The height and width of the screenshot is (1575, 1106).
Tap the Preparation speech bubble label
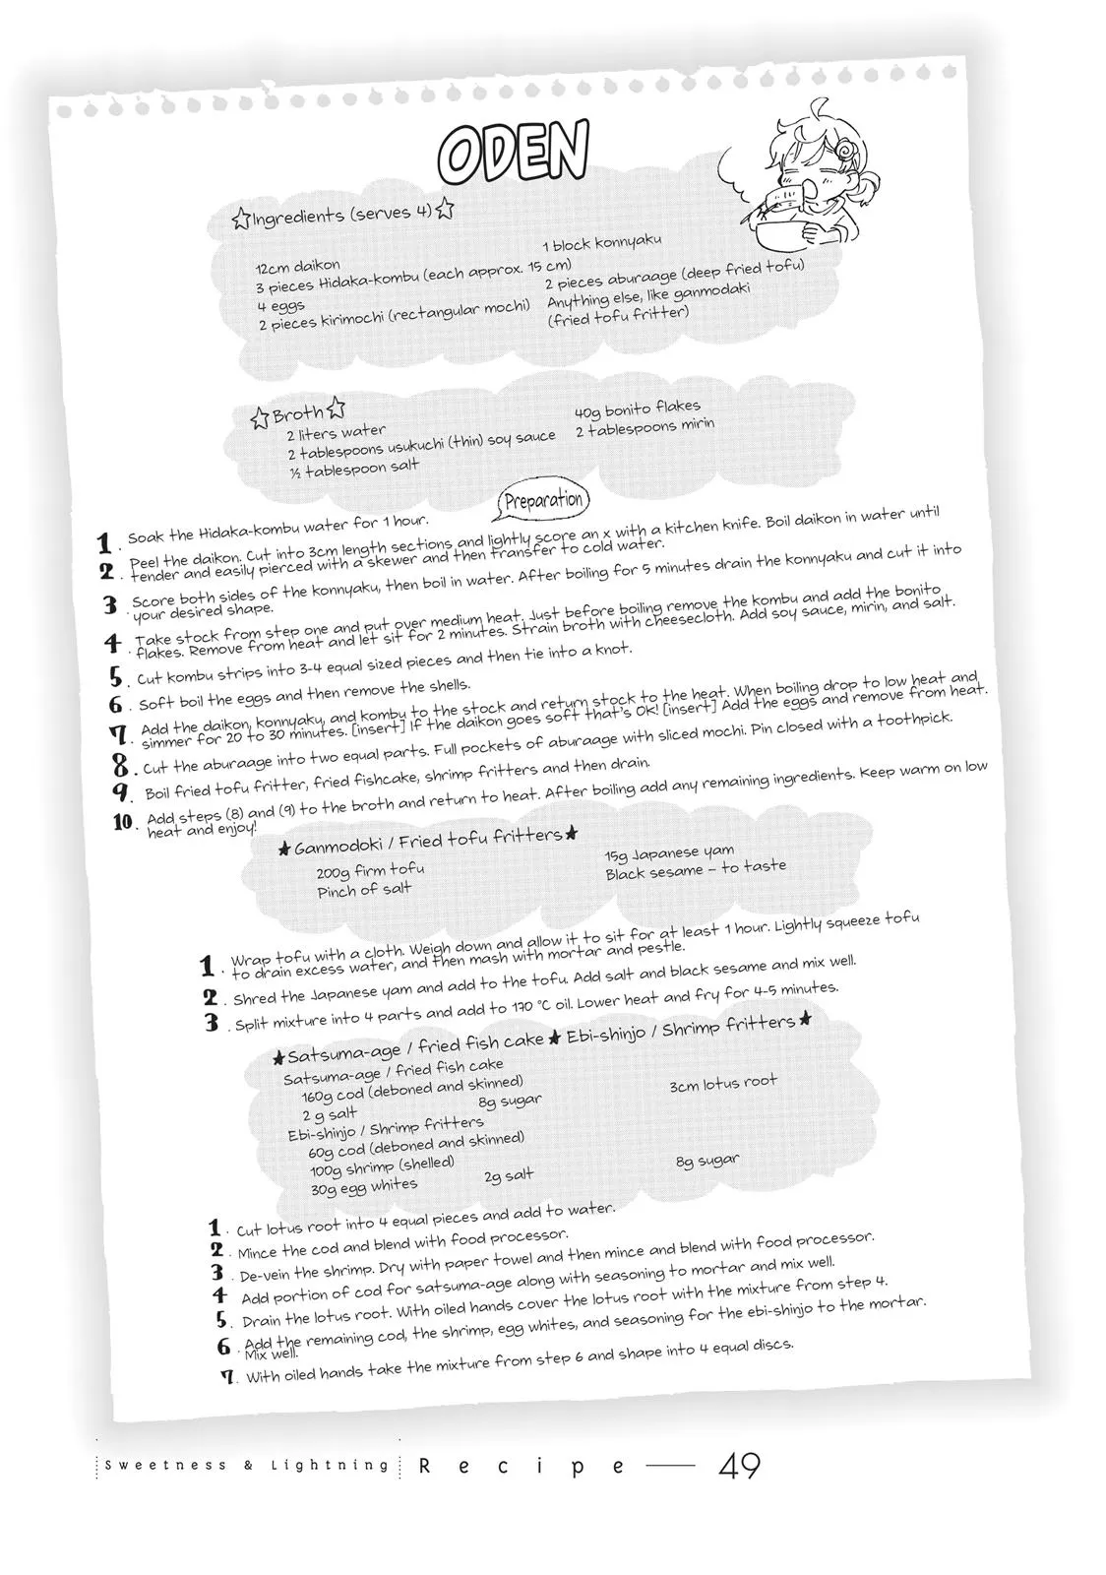click(543, 500)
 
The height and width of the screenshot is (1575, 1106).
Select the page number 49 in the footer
click(739, 1467)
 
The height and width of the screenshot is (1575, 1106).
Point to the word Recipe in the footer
click(522, 1467)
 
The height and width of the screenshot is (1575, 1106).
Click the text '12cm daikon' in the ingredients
click(297, 266)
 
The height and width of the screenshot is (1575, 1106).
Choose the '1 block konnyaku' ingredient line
click(601, 242)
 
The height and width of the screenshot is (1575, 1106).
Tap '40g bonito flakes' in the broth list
click(637, 407)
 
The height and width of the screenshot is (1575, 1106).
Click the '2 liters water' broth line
click(336, 433)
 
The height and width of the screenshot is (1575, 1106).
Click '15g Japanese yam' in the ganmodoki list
click(669, 853)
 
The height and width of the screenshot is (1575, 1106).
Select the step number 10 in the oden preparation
click(124, 822)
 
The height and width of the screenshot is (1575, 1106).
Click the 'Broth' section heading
click(297, 414)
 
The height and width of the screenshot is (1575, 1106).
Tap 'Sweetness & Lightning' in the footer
click(247, 1466)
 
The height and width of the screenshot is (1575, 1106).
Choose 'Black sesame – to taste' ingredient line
click(696, 869)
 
